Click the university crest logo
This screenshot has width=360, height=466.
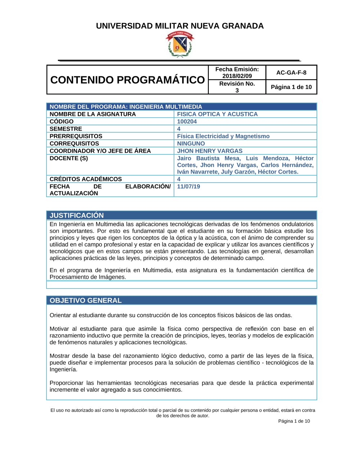(x=180, y=44)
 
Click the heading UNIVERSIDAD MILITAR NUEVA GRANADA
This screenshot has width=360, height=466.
(x=180, y=26)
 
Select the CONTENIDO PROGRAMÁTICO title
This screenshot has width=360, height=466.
(x=127, y=80)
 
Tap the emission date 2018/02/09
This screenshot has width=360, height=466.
(x=237, y=76)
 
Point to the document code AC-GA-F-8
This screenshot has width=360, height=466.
(x=291, y=72)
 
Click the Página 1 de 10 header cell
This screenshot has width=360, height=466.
(x=291, y=87)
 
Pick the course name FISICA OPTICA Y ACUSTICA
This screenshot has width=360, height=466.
(x=217, y=114)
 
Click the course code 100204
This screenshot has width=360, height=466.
(x=187, y=122)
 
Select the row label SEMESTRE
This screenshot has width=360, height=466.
(x=66, y=129)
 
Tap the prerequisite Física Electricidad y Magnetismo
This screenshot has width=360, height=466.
(x=223, y=136)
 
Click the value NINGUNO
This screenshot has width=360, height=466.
(x=191, y=143)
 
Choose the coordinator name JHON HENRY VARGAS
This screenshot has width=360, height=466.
(x=210, y=151)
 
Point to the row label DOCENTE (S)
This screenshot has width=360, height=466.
(x=69, y=158)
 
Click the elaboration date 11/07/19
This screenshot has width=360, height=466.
(x=188, y=187)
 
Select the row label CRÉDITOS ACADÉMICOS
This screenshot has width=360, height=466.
(x=86, y=179)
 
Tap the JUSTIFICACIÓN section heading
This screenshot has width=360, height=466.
(x=77, y=215)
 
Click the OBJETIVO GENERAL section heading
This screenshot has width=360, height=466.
(x=86, y=300)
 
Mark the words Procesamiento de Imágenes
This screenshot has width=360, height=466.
(x=87, y=277)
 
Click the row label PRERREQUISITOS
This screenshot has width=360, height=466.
(x=76, y=136)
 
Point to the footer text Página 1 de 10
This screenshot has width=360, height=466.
(x=294, y=421)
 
